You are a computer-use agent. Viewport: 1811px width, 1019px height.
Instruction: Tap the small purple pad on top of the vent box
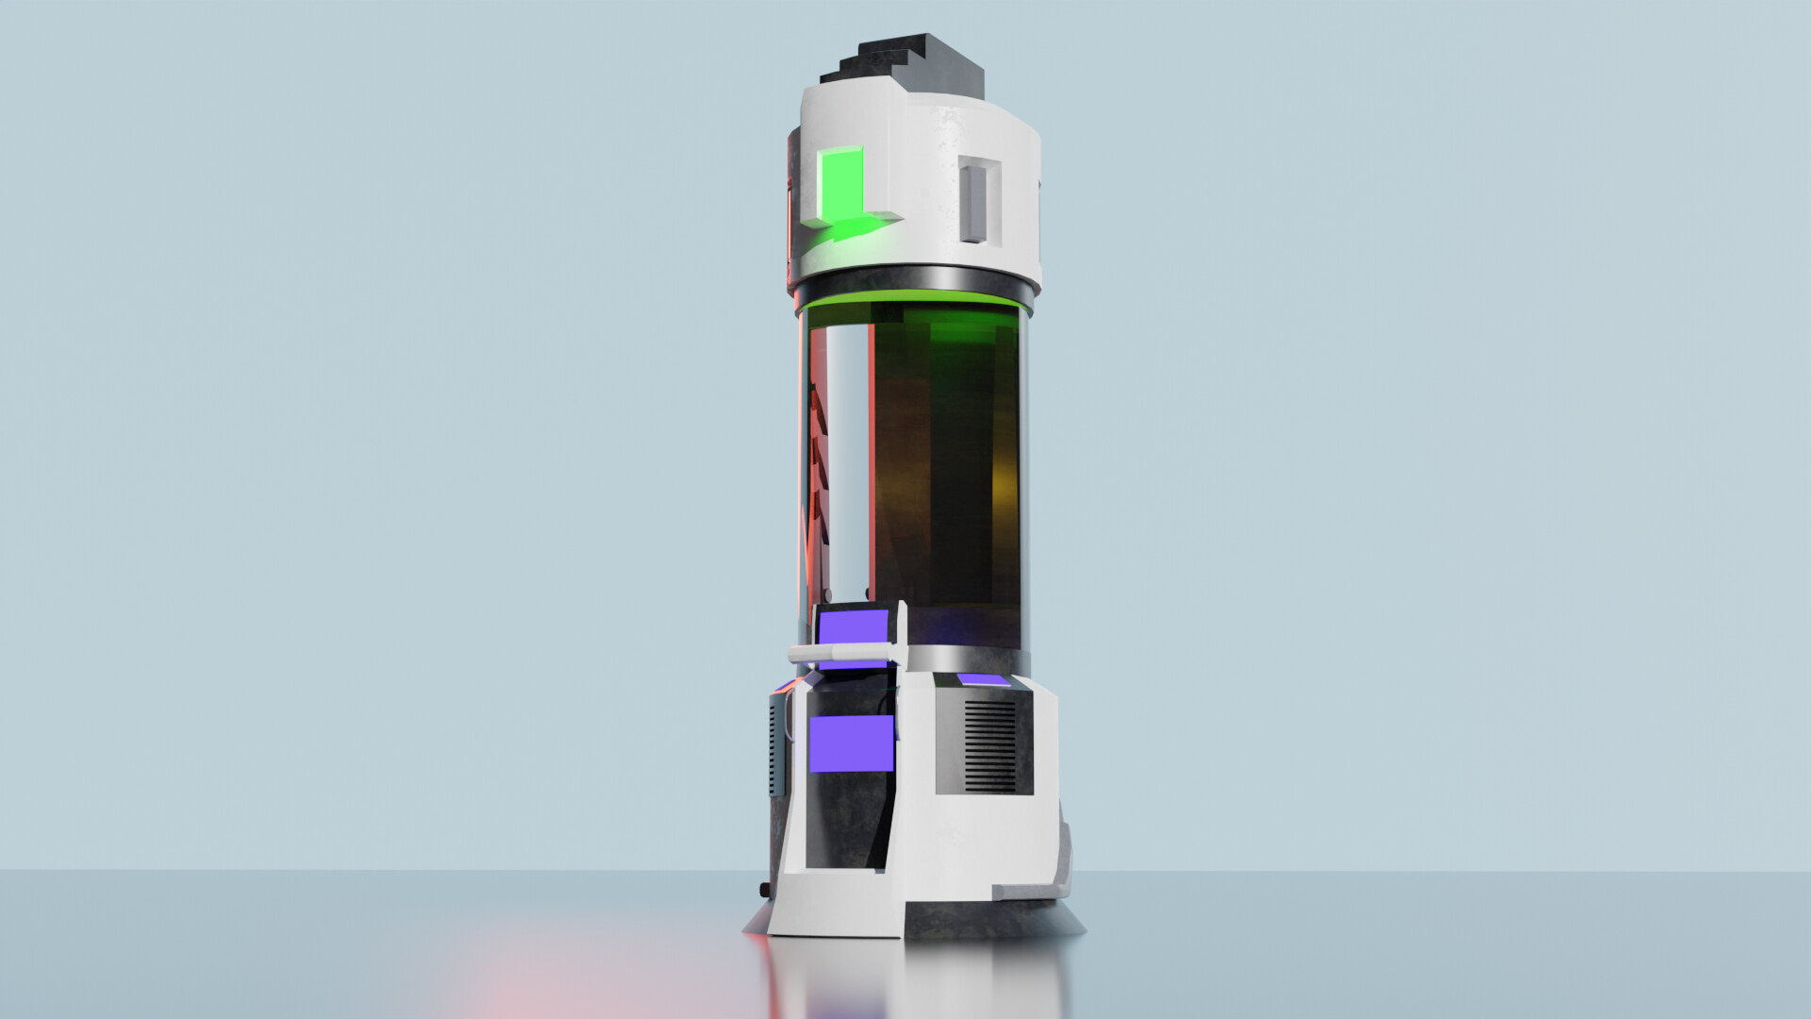982,680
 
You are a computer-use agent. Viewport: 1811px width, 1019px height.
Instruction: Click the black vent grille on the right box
989,746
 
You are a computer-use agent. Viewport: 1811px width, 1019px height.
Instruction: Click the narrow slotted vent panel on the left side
777,746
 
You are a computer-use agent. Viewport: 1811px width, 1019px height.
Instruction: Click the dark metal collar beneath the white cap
915,281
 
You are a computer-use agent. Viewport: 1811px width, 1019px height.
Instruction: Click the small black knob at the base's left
764,890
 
